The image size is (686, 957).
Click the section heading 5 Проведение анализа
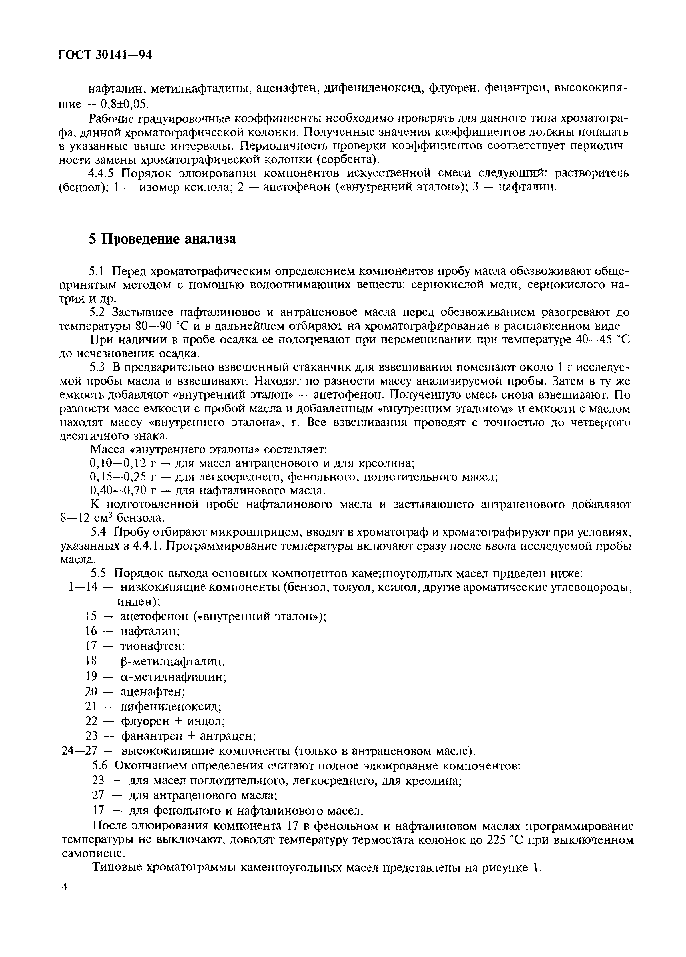pyautogui.click(x=163, y=239)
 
